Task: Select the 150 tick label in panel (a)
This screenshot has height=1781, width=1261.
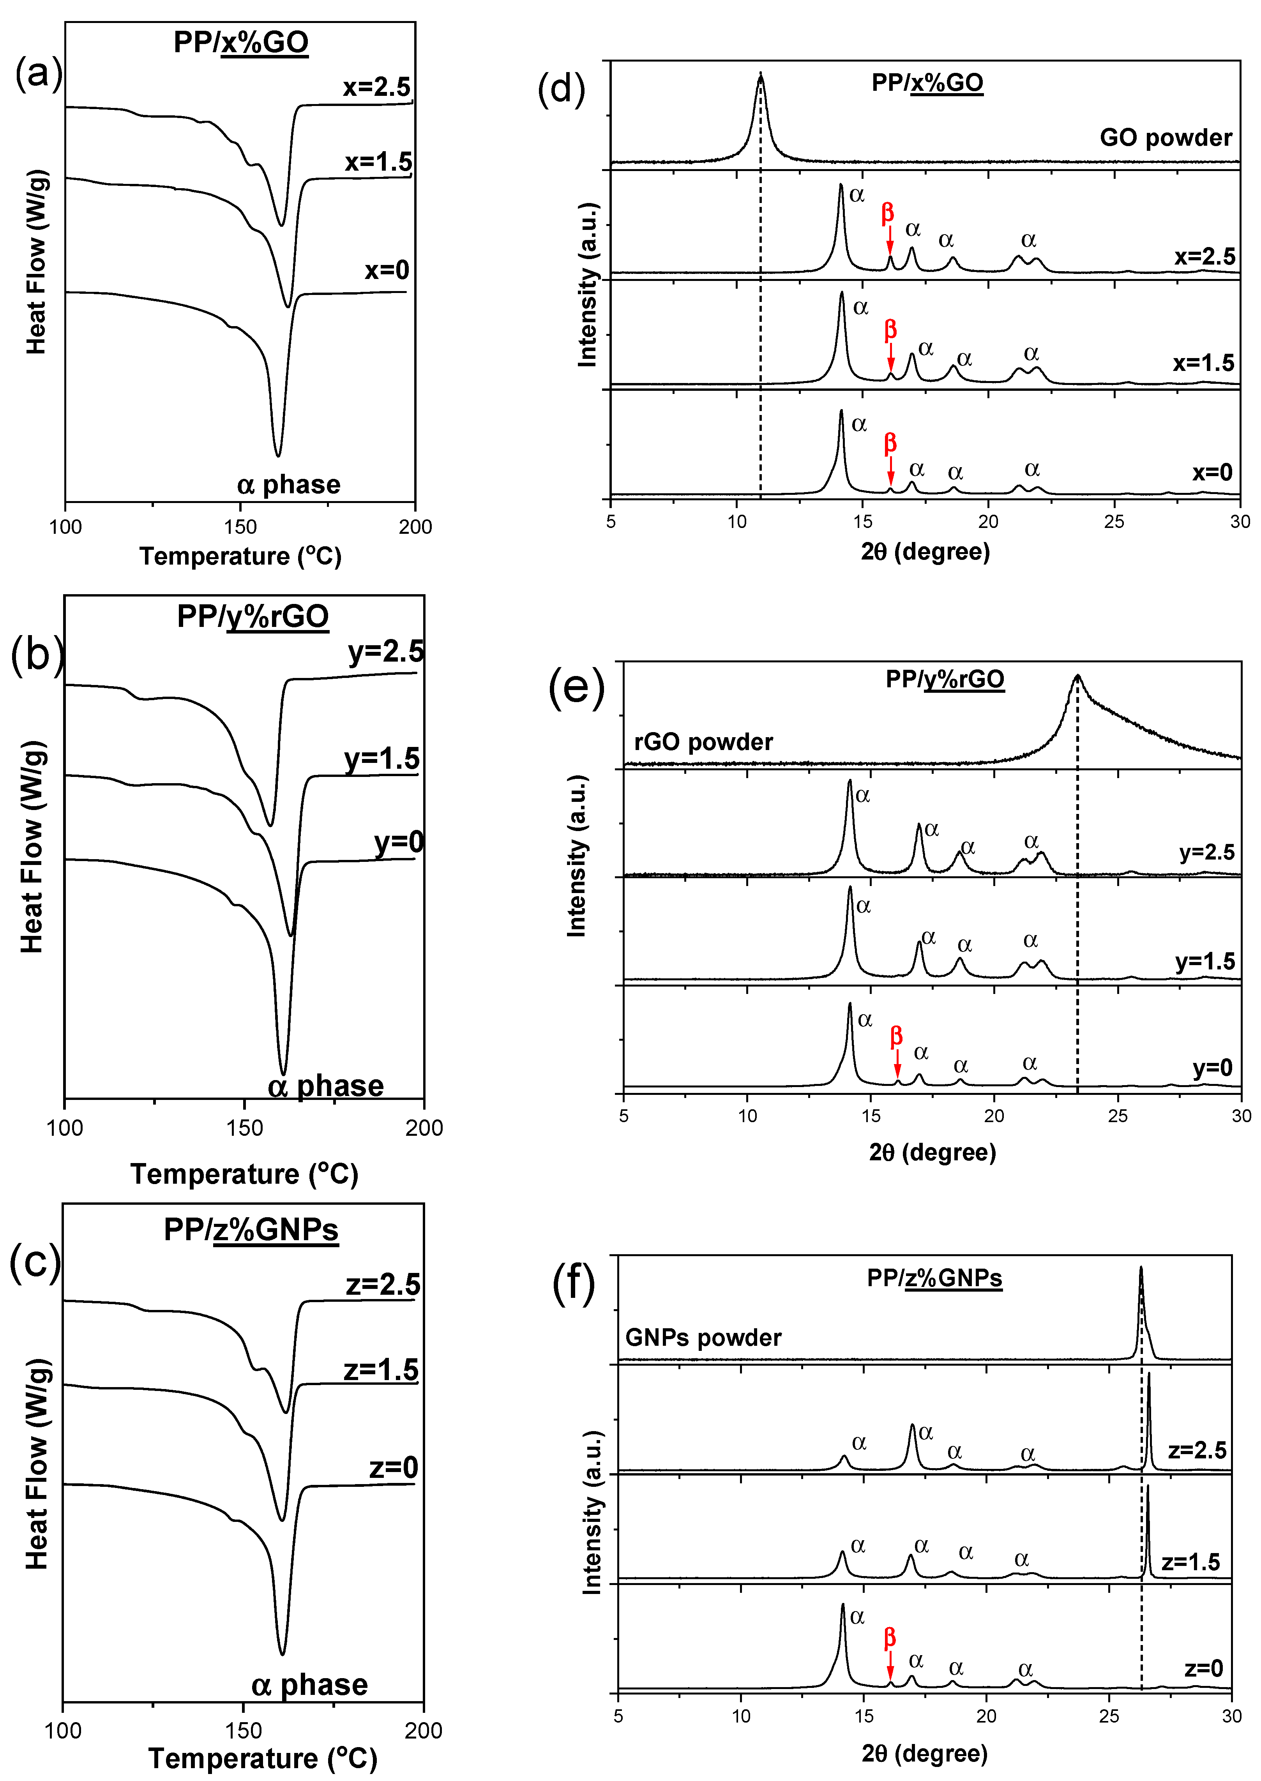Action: tap(240, 526)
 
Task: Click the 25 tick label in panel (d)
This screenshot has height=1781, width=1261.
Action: tap(1114, 521)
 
